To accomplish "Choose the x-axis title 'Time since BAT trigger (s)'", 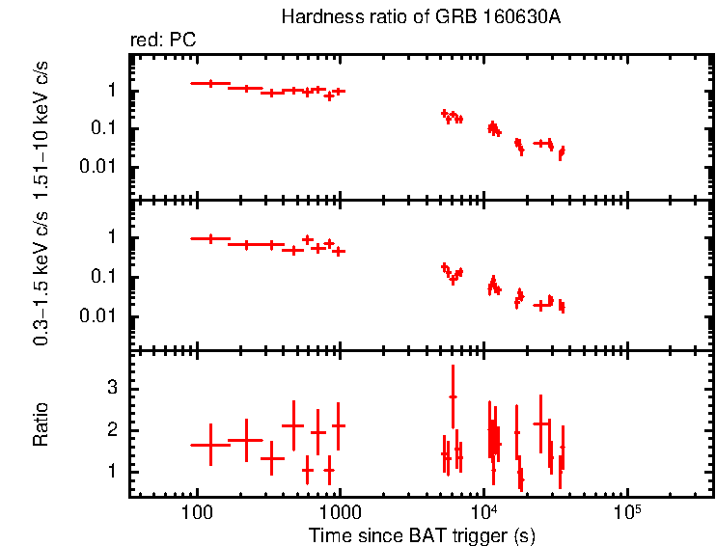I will [x=422, y=534].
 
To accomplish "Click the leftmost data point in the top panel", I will [x=210, y=84].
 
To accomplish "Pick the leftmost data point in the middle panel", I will [x=210, y=238].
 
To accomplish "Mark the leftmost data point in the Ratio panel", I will [x=210, y=445].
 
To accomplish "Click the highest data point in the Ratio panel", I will [x=453, y=396].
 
